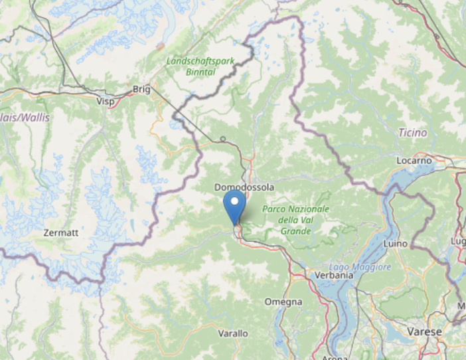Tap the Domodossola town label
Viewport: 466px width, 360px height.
pos(244,188)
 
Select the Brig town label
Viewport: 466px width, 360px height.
pos(141,89)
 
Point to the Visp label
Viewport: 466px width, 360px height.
pos(106,102)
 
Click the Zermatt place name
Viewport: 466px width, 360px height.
pos(60,233)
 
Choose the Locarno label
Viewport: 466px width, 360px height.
pos(414,161)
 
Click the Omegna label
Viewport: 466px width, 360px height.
pos(283,302)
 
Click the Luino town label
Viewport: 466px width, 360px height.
pos(395,244)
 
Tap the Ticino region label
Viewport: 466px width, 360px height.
pos(412,133)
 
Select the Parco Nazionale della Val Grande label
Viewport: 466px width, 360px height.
pos(295,220)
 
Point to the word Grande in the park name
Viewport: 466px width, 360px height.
pos(295,231)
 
